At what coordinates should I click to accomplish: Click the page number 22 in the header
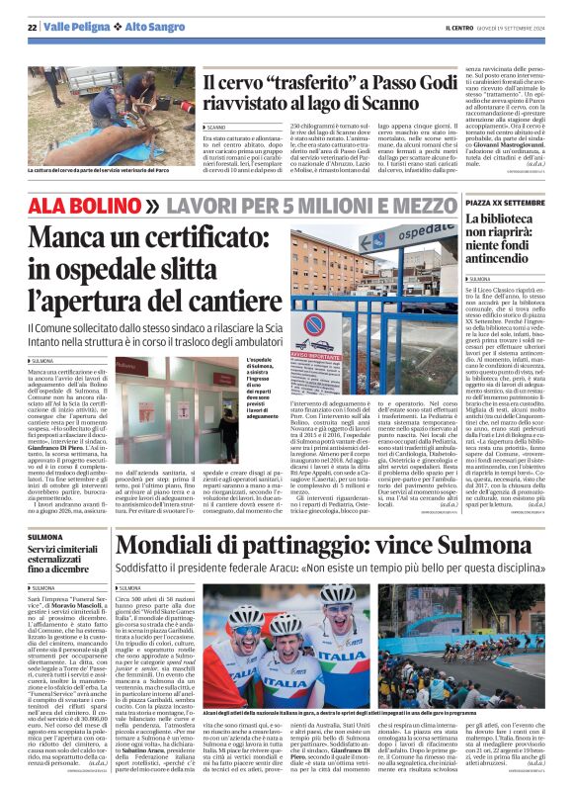32,26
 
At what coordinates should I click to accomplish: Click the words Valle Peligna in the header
73,26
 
